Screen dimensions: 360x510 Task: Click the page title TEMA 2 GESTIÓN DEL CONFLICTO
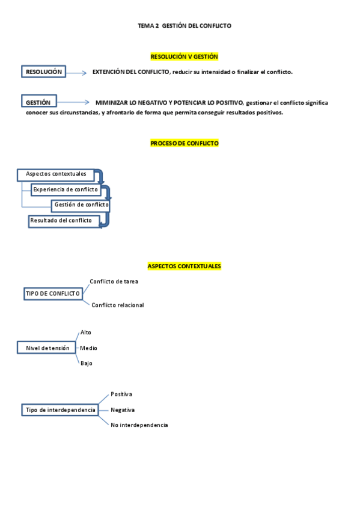[185, 26]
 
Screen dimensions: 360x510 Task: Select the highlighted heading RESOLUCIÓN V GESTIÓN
[184, 57]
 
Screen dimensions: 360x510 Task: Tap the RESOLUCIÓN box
[43, 72]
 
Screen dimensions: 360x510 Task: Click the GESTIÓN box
[38, 102]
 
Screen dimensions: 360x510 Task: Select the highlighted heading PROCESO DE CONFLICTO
[184, 143]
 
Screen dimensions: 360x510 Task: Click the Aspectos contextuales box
[56, 174]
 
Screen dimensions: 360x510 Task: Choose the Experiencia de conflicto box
[66, 189]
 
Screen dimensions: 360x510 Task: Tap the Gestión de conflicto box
[81, 205]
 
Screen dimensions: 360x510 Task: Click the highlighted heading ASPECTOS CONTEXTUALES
[184, 266]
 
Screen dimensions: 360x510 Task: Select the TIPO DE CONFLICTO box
[53, 293]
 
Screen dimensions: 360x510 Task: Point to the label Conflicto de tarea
[114, 281]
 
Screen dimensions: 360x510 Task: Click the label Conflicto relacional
[118, 305]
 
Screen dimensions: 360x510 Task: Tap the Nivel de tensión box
[47, 348]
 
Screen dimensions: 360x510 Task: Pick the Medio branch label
[89, 348]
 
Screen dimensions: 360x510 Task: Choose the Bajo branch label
[87, 363]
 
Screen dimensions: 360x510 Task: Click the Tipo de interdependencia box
[60, 410]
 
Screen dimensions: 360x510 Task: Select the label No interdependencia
[139, 425]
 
